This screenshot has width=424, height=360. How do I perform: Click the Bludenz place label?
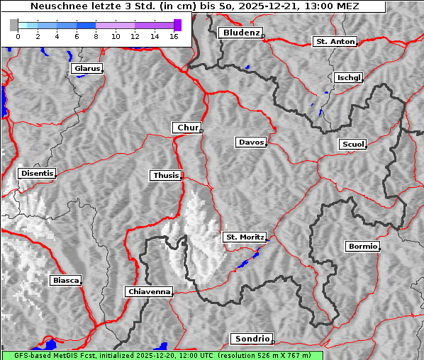240,33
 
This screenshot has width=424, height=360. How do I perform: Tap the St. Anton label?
334,42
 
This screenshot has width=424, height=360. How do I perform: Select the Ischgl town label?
348,77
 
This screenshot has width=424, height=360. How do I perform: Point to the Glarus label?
86,69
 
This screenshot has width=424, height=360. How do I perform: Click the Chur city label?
187,128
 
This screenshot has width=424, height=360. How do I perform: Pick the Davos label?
251,142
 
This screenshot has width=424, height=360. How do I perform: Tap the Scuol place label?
352,144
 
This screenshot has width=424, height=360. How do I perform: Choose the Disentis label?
36,173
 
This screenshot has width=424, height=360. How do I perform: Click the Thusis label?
166,175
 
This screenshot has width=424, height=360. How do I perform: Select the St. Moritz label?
244,237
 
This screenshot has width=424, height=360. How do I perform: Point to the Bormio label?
362,247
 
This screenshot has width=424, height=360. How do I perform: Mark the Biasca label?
65,280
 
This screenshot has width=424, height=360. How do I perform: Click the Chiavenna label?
149,291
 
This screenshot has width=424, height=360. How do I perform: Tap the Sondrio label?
251,339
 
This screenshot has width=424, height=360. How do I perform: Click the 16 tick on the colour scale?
173,35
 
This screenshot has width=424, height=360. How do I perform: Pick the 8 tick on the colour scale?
96,35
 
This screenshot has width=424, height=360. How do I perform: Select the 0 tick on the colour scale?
18,35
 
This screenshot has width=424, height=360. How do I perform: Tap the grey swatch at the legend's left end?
14,25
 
